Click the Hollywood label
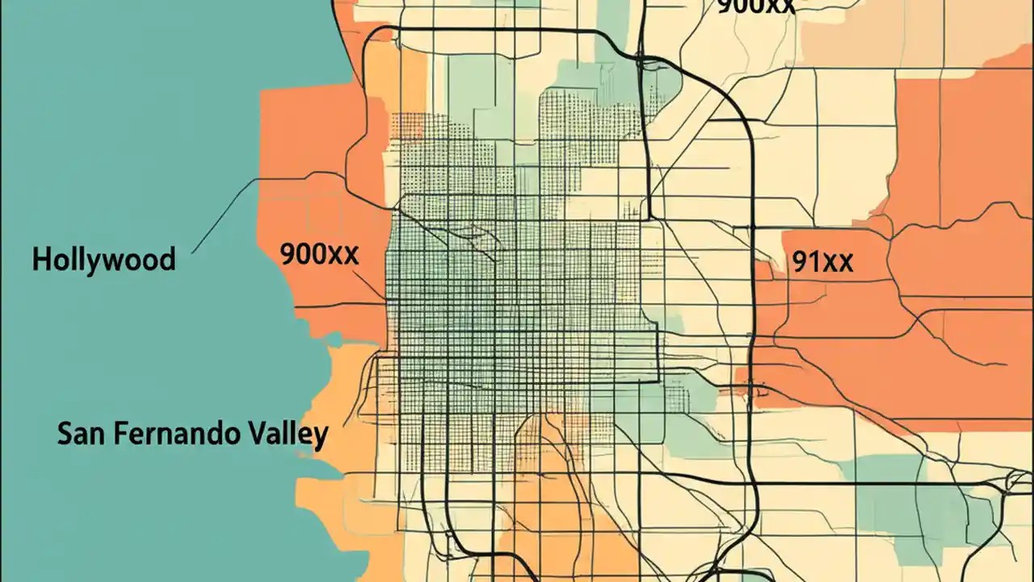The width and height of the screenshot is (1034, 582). click(x=103, y=260)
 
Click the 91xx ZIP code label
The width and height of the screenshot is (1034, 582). click(x=823, y=262)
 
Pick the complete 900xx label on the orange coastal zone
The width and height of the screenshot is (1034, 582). click(x=319, y=255)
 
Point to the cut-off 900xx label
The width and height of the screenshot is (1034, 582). click(x=755, y=6)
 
